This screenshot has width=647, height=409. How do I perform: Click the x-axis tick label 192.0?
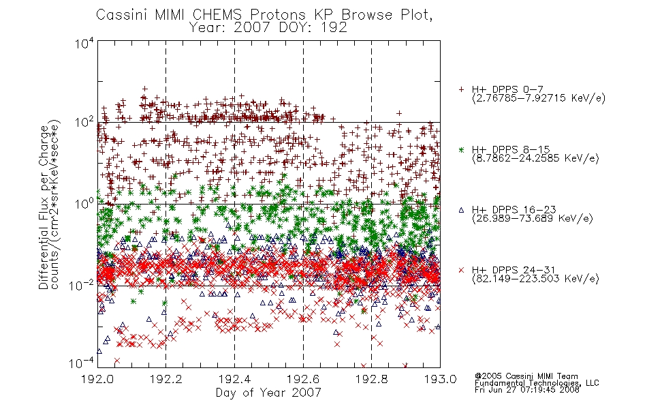pyautogui.click(x=97, y=379)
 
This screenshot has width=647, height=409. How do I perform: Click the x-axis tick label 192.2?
pyautogui.click(x=166, y=379)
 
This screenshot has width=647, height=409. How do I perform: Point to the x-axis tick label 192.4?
pyautogui.click(x=234, y=379)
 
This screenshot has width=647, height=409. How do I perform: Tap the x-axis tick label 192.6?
pyautogui.click(x=303, y=379)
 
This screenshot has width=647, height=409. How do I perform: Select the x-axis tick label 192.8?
pyautogui.click(x=371, y=379)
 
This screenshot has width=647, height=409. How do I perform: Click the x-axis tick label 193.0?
pyautogui.click(x=440, y=379)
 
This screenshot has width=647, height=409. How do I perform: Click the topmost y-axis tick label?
pyautogui.click(x=84, y=43)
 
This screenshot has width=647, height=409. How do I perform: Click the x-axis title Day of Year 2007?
pyautogui.click(x=268, y=393)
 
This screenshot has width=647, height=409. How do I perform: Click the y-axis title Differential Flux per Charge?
pyautogui.click(x=44, y=207)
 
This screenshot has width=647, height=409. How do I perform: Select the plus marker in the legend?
pyautogui.click(x=461, y=89)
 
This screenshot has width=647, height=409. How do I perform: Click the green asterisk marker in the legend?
pyautogui.click(x=461, y=149)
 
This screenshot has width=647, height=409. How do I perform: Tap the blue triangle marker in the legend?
pyautogui.click(x=461, y=210)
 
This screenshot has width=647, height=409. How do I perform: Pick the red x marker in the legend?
pyautogui.click(x=461, y=270)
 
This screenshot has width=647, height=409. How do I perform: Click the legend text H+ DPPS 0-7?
pyautogui.click(x=507, y=89)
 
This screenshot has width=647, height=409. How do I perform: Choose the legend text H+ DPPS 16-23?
pyautogui.click(x=514, y=210)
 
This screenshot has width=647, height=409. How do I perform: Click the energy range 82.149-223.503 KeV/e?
pyautogui.click(x=535, y=279)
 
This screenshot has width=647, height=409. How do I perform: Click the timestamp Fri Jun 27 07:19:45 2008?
pyautogui.click(x=527, y=390)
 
